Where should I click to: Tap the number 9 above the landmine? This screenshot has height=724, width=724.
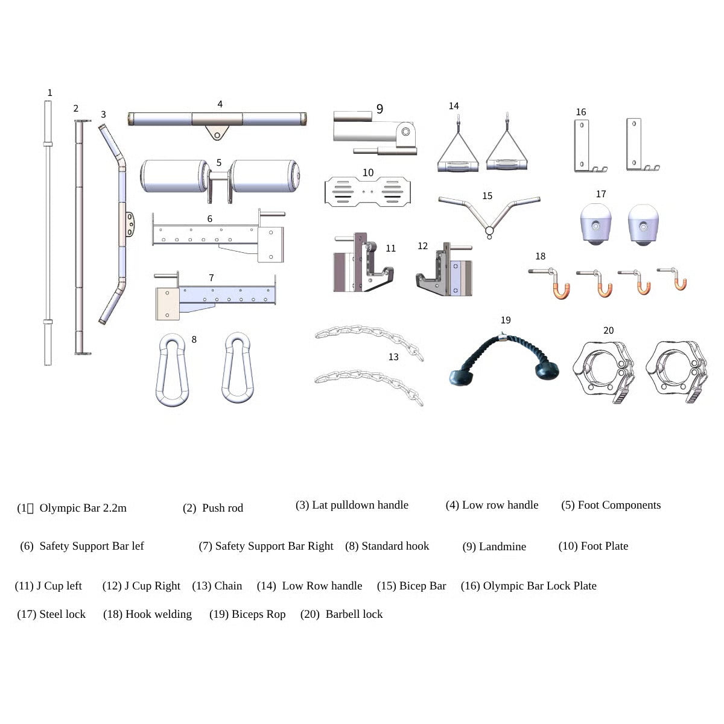[379, 109]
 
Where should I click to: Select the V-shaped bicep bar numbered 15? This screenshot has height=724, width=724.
[489, 214]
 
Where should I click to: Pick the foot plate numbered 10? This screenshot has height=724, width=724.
[368, 191]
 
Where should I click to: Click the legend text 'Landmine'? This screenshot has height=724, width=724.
[502, 547]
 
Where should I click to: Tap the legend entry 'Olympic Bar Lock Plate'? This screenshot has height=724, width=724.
[539, 586]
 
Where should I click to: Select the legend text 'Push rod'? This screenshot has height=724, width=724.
[222, 508]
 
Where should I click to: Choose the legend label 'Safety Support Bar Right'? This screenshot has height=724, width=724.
[274, 546]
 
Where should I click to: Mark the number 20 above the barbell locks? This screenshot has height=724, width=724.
[608, 331]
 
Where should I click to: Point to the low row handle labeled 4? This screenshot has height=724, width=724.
[217, 119]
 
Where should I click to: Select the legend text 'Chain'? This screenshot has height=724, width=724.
[228, 586]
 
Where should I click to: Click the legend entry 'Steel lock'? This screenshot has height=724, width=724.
[62, 614]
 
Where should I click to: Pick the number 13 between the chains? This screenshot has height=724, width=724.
[393, 357]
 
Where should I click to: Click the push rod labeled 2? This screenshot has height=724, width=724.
[78, 235]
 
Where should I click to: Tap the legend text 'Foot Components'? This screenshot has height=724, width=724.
[619, 505]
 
